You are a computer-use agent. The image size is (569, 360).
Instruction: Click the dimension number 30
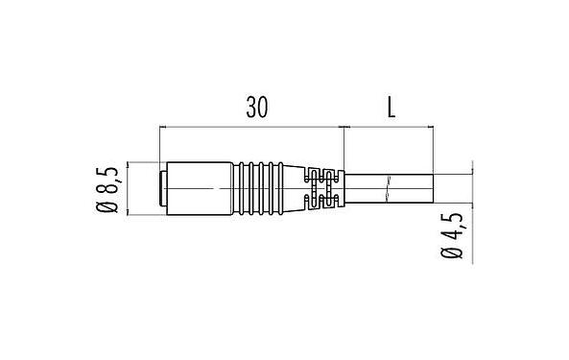point(256,108)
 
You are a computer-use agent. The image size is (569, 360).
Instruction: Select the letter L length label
point(391,108)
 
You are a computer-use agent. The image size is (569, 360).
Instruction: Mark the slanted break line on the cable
point(387,188)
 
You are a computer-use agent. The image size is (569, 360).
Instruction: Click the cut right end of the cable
point(432,187)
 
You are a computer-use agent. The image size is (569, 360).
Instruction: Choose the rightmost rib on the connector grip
point(300,188)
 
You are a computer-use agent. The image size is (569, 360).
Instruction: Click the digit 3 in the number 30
point(249,108)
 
